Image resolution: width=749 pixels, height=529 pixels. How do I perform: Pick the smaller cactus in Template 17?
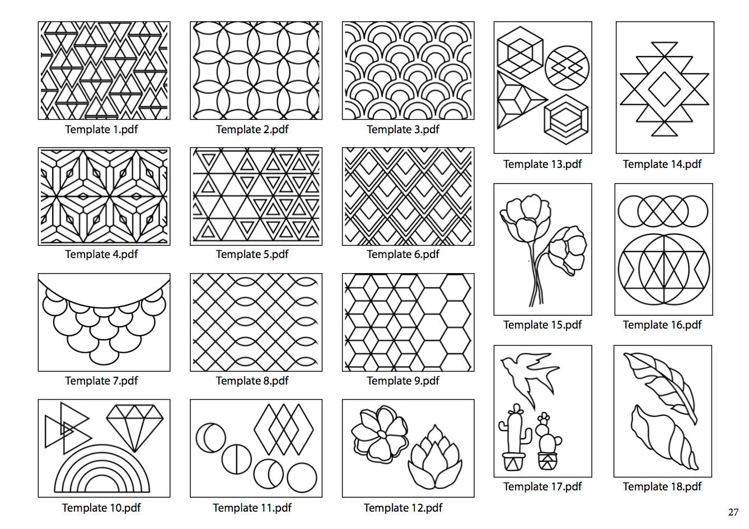pos(547,441)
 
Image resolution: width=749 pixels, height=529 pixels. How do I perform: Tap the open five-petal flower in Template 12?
pos(380,434)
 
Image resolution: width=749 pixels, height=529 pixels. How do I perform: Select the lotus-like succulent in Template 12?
pos(435,458)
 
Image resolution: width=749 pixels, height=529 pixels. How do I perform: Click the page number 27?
pos(733,512)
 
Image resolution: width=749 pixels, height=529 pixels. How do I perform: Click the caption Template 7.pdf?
pos(102,381)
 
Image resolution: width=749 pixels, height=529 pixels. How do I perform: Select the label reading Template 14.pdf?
pos(662,164)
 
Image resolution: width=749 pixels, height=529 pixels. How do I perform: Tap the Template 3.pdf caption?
pos(403,129)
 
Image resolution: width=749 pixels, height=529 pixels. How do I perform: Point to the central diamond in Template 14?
pos(664,89)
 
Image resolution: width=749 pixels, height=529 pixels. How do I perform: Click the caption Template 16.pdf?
pos(662,325)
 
